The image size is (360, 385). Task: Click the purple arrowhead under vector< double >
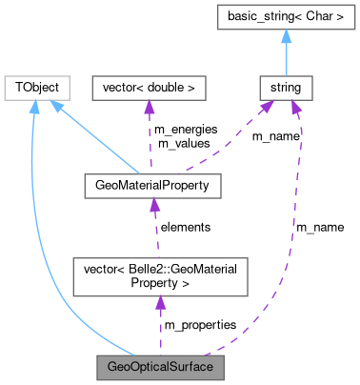tap(148, 107)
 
